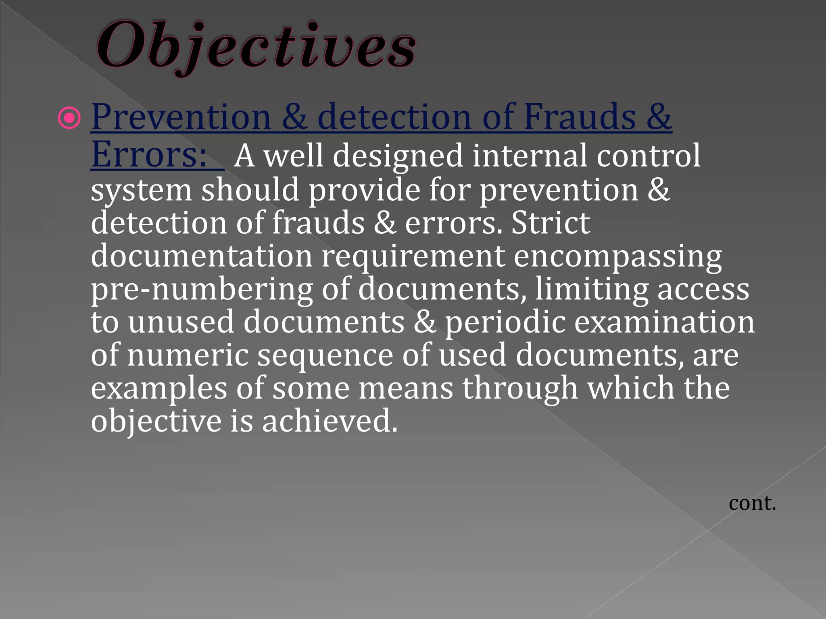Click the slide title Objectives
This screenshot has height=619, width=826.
point(256,46)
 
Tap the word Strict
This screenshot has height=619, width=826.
point(551,222)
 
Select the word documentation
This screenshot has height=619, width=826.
point(202,256)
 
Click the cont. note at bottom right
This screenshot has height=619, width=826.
point(752,503)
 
